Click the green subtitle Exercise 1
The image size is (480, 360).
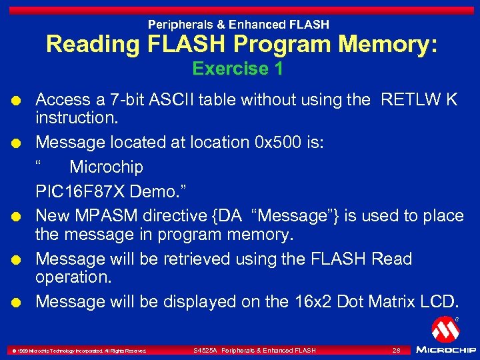pos(237,69)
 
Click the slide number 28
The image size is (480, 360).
pos(396,350)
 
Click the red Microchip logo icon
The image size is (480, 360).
pos(445,329)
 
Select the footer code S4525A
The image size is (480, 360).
pos(205,350)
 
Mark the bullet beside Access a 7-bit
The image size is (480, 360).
pos(22,101)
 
